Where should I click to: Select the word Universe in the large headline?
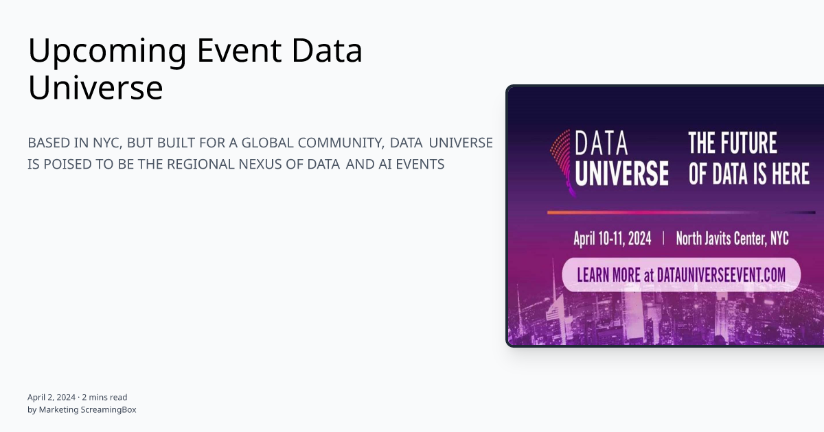point(95,88)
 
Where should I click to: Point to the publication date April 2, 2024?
point(51,397)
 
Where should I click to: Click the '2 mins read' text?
point(104,397)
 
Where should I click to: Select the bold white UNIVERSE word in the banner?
point(621,173)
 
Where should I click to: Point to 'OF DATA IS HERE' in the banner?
point(748,173)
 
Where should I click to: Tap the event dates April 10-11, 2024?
point(612,239)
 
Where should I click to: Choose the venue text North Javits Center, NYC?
point(732,239)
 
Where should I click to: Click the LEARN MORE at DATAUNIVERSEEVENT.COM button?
point(681,275)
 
